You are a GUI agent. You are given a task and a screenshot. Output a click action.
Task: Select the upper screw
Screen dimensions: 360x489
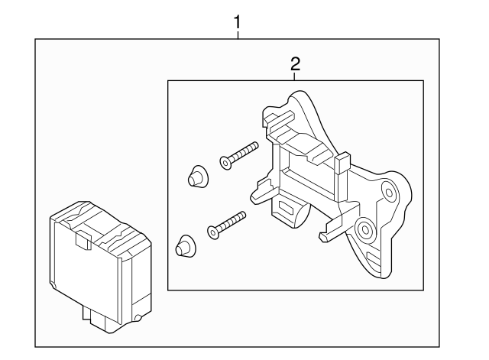pyautogui.click(x=239, y=153)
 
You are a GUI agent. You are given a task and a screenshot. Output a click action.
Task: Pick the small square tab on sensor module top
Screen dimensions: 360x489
pyautogui.click(x=81, y=241)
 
